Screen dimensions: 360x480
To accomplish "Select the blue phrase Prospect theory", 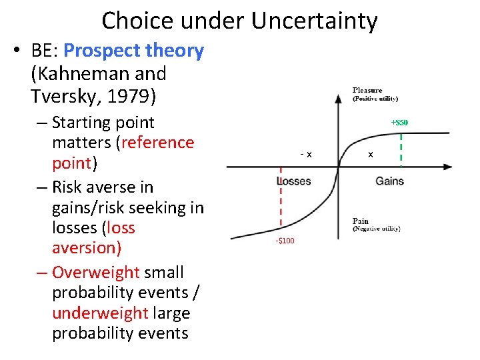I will pos(133,51).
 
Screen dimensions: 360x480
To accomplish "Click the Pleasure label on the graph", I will pos(367,91).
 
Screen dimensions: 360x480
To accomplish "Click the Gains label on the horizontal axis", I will pos(389,181).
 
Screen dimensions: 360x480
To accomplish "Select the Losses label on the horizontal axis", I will pos(294,181).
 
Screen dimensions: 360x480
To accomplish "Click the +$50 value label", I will pos(399,122).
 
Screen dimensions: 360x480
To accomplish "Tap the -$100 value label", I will pos(285,241).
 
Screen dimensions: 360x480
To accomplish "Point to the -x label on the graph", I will pos(306,155).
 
